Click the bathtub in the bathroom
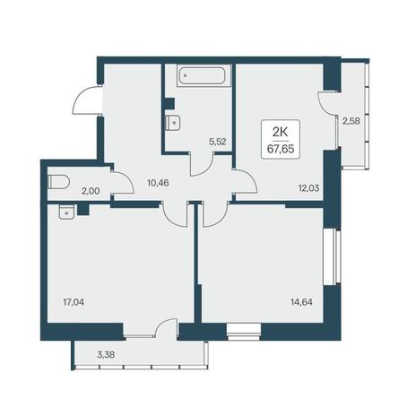tap(204, 75)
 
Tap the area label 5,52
tap(217, 142)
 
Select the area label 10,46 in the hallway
tap(158, 183)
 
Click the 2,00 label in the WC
tap(91, 191)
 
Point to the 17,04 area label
tap(74, 302)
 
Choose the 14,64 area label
tap(301, 302)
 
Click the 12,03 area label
tap(309, 188)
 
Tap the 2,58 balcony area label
tap(351, 121)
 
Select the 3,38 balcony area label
tap(106, 355)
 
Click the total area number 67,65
tap(281, 149)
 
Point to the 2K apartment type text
tap(281, 132)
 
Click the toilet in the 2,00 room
tap(58, 182)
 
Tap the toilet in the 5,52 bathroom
tap(173, 123)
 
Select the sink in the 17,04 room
tap(66, 212)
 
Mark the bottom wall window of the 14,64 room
tap(244, 332)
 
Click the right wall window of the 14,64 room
tap(333, 257)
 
